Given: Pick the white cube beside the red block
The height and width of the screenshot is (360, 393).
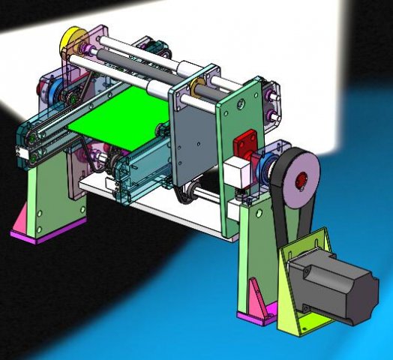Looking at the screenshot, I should tap(235, 173).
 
